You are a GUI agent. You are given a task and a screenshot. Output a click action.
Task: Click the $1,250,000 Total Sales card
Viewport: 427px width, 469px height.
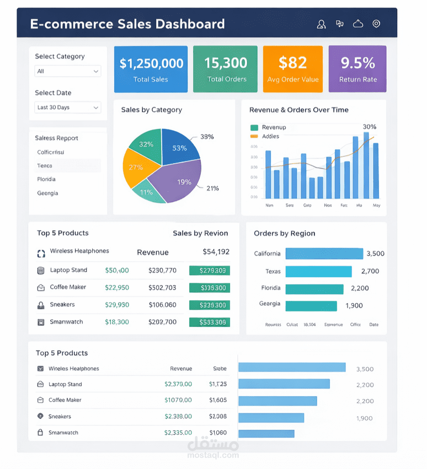click(x=151, y=69)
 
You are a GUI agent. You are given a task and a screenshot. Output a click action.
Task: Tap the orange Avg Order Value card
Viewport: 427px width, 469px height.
click(x=293, y=69)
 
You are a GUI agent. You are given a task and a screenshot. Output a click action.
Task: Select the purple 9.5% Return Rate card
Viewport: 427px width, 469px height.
click(x=357, y=69)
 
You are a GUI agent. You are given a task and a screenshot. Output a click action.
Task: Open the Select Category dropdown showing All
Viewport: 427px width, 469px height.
click(x=68, y=71)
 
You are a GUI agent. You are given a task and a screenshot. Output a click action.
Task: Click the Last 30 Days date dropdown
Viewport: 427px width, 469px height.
click(x=68, y=107)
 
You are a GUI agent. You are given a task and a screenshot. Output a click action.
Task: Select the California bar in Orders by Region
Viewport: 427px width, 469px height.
click(x=324, y=254)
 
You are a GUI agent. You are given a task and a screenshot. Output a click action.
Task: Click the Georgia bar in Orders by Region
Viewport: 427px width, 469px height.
click(x=311, y=306)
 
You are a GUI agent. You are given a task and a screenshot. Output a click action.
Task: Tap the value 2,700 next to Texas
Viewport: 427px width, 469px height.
click(x=370, y=271)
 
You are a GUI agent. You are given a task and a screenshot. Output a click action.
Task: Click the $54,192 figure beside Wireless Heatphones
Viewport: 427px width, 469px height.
click(x=216, y=252)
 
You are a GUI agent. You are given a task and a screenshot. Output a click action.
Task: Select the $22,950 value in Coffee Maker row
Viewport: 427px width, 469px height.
click(x=117, y=287)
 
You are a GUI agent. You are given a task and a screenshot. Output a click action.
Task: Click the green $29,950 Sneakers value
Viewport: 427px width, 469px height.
click(x=117, y=305)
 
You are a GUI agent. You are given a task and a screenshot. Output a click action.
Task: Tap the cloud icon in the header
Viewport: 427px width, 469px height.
click(x=358, y=24)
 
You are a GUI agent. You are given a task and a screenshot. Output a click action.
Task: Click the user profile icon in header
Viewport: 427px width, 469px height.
click(x=322, y=24)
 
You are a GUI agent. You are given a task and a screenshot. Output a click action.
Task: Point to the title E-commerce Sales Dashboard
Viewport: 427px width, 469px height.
click(x=127, y=24)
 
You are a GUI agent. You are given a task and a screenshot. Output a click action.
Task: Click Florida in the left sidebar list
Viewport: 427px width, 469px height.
click(x=46, y=179)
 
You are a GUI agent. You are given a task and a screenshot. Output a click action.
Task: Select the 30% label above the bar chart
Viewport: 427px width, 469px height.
click(x=370, y=127)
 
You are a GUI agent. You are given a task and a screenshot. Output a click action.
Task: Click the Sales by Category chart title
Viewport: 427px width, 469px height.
click(x=151, y=110)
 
